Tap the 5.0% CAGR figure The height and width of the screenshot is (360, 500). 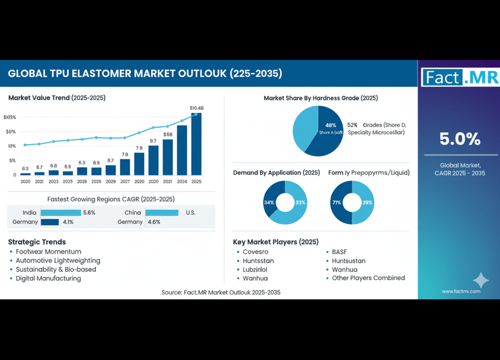click(x=459, y=139)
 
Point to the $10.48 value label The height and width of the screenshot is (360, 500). click(x=197, y=108)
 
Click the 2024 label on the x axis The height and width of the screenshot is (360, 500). click(x=183, y=182)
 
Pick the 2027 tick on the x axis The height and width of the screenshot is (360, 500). click(x=125, y=182)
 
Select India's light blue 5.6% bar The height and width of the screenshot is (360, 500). click(x=61, y=212)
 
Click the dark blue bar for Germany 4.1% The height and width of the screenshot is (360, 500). click(x=50, y=222)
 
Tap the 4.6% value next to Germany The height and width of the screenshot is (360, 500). click(x=154, y=222)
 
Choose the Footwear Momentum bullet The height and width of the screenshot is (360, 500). click(x=48, y=251)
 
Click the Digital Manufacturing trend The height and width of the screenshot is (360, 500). click(x=48, y=278)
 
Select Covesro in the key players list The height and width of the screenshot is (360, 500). click(x=255, y=252)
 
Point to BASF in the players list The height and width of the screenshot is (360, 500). click(x=339, y=252)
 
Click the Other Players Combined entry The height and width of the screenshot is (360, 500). click(x=368, y=278)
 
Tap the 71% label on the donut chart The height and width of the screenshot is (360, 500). click(x=337, y=203)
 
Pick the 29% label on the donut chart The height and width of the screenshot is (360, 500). click(x=367, y=203)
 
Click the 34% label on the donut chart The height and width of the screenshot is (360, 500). click(x=269, y=203)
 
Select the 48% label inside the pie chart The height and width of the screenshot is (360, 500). click(x=330, y=125)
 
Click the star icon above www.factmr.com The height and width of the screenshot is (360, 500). click(x=481, y=279)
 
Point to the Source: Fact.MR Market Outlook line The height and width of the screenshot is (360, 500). click(x=221, y=292)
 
